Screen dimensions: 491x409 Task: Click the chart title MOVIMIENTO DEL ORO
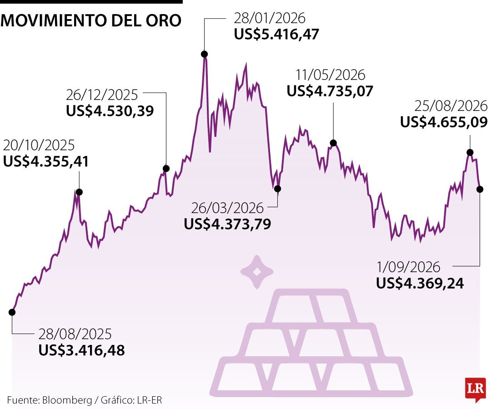coord(91,20)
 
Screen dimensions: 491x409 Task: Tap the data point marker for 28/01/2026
coord(204,54)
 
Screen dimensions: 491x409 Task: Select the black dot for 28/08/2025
coord(12,312)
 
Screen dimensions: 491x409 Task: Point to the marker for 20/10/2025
coord(79,192)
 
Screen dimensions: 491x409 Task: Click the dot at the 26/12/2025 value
coord(166,169)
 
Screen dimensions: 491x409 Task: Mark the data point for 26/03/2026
coord(277,189)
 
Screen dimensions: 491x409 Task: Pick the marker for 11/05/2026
coord(334,143)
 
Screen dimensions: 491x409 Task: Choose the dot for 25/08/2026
coord(470,152)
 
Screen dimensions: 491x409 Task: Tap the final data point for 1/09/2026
coord(480,189)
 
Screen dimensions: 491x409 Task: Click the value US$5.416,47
coord(276,34)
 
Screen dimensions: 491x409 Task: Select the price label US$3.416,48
coord(82,350)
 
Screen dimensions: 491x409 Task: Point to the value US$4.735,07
coord(330,91)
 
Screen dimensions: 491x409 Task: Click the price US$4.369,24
coord(420,283)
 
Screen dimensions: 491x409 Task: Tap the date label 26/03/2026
coord(228,208)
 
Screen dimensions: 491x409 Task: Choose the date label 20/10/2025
coord(39,145)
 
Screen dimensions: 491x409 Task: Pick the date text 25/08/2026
coord(451,106)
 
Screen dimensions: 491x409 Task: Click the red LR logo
coord(476,389)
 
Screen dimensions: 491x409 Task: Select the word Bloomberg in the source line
coord(67,400)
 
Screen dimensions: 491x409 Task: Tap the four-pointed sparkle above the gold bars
coord(257,272)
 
